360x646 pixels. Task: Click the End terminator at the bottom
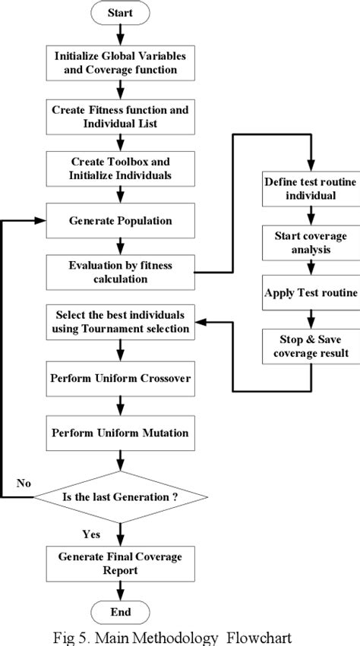[120, 611]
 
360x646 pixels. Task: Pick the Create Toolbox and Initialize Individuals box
[120, 169]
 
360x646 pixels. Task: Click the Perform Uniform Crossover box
[120, 377]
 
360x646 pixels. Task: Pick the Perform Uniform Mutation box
[120, 433]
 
